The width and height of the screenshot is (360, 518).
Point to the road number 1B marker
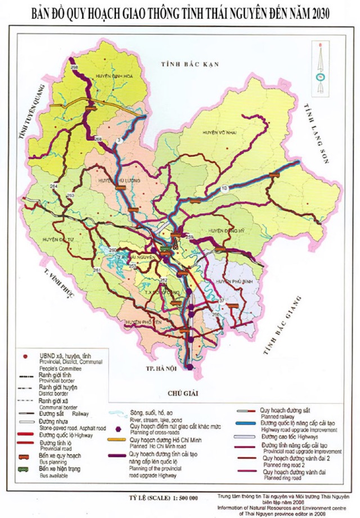224,187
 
